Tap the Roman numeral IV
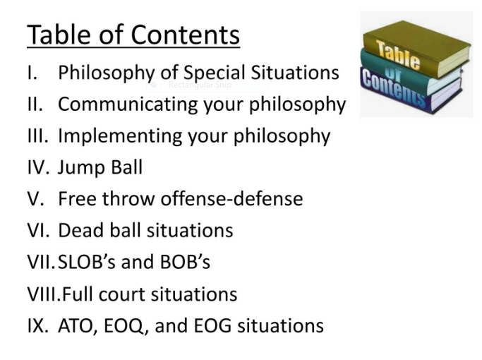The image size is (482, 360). coord(37,167)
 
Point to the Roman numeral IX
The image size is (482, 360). coord(37,325)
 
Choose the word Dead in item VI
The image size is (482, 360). coord(80,230)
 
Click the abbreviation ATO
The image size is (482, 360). coord(79,325)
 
